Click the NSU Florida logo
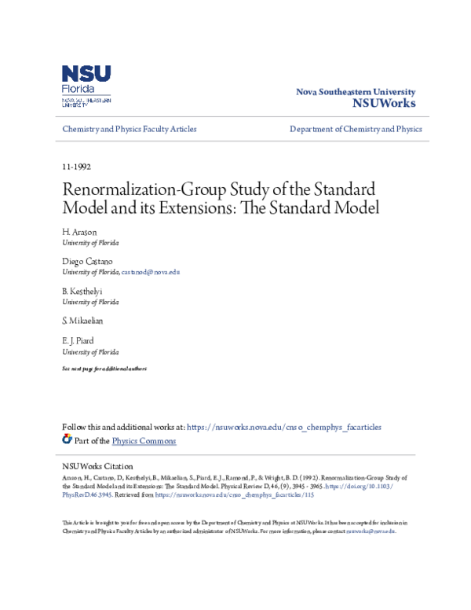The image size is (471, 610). click(86, 86)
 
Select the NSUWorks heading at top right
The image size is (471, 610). click(384, 103)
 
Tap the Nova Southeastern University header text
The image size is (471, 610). click(355, 92)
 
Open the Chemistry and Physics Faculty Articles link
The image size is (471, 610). click(130, 129)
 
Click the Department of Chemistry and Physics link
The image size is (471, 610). click(356, 129)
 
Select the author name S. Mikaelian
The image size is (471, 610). click(82, 321)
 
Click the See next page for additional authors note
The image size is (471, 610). click(104, 369)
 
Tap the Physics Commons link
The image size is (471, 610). click(144, 441)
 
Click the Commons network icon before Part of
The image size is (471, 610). click(68, 440)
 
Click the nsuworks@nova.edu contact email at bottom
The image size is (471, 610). click(371, 531)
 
